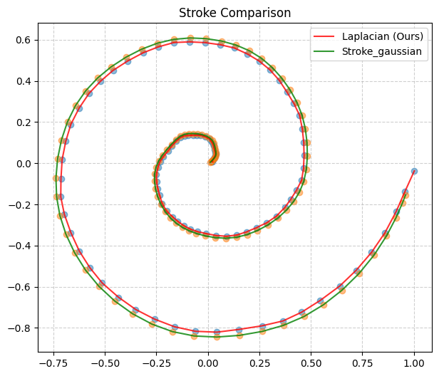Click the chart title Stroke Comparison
click(234, 13)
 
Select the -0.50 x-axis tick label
click(105, 362)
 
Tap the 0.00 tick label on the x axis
click(208, 362)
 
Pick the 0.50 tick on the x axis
click(311, 362)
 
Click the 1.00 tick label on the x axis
click(414, 362)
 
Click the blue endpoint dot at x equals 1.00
click(414, 172)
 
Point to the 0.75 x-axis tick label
click(363, 362)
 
